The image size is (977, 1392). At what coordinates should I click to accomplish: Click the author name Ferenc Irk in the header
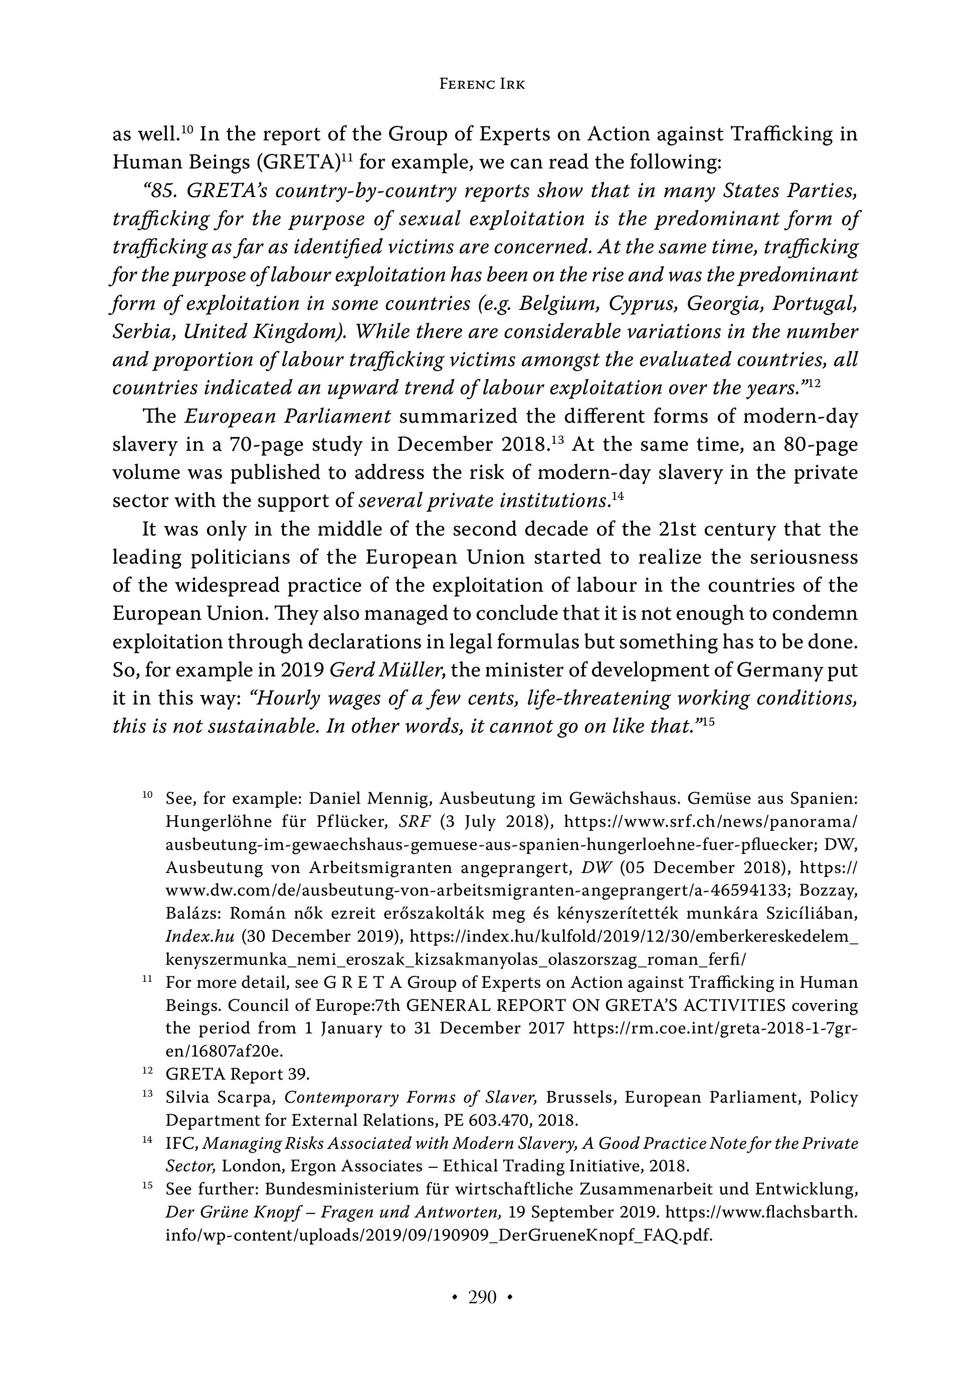(482, 84)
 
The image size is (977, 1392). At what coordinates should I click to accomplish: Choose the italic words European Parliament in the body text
(288, 417)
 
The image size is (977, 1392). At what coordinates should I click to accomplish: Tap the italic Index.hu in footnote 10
(200, 937)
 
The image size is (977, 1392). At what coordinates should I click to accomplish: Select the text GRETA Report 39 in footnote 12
(237, 1074)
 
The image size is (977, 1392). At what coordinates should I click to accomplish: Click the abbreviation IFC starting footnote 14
(181, 1143)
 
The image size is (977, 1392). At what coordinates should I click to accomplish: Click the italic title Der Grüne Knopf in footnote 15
(234, 1212)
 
